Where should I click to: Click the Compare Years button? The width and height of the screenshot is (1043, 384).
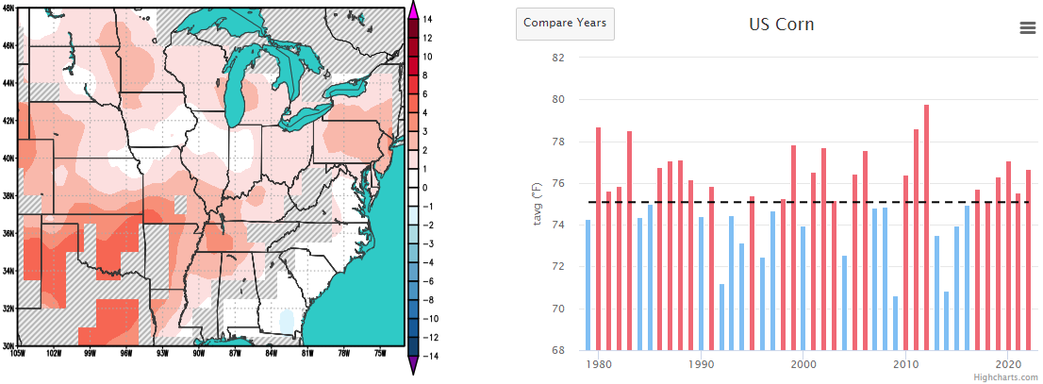(x=566, y=24)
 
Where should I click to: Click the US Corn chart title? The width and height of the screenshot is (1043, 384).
(x=782, y=25)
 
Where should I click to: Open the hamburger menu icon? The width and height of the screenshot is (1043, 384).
(x=1027, y=27)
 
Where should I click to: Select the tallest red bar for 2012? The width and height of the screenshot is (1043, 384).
(x=926, y=227)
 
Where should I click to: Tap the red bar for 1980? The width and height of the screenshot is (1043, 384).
(x=599, y=239)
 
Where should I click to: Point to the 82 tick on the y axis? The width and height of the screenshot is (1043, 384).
(x=558, y=58)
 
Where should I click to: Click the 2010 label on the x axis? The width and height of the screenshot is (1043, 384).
(x=905, y=364)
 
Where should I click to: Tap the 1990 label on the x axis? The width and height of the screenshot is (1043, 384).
(x=701, y=364)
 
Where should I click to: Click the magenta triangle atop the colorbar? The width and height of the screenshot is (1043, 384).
(x=413, y=11)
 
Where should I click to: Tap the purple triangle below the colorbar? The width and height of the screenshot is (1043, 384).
(x=413, y=364)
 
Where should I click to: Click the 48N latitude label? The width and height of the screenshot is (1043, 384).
(x=8, y=8)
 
